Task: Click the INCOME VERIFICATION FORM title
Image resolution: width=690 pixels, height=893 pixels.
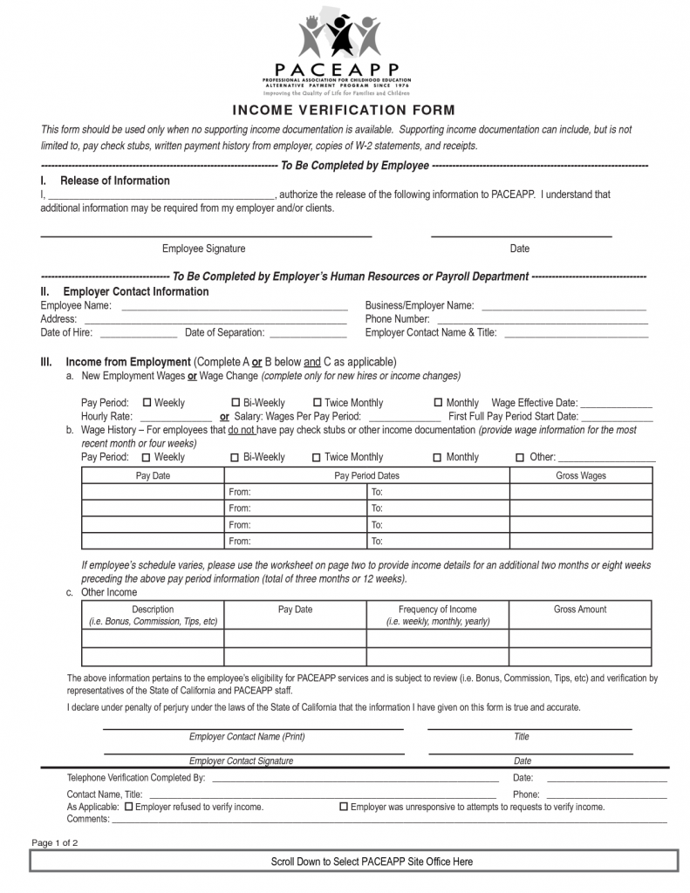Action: point(344,111)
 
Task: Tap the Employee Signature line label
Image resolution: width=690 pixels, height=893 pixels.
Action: point(203,249)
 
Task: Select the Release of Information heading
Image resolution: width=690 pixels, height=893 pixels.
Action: point(114,181)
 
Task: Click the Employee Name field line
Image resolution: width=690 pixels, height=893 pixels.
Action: point(233,307)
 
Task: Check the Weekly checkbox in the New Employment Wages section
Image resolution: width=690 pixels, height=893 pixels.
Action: point(147,403)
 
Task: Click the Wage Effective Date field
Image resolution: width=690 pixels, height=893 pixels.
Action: point(616,404)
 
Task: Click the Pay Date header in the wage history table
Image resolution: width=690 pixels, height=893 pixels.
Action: point(153,476)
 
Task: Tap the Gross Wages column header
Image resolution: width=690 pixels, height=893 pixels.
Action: point(580,476)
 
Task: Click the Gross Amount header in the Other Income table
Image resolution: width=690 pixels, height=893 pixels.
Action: point(580,610)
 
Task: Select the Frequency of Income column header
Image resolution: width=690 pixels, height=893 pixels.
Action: point(437,610)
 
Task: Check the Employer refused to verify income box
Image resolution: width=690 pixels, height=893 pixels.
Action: point(128,808)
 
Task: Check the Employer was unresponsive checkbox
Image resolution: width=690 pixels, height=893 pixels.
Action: point(343,808)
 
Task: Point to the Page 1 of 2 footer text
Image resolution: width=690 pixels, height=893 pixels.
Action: point(55,842)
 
